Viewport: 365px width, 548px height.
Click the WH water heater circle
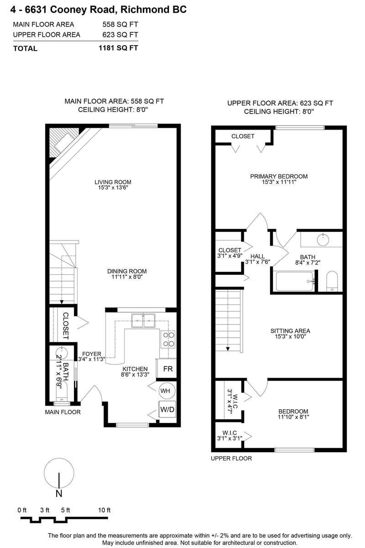point(165,391)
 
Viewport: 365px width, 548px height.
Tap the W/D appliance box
point(167,409)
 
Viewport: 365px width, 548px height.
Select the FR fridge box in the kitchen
point(167,369)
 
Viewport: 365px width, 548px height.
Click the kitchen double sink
point(144,321)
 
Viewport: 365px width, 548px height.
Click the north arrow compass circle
point(59,473)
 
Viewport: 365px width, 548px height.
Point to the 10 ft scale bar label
point(104,510)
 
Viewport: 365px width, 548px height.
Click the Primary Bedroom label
point(279,176)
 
